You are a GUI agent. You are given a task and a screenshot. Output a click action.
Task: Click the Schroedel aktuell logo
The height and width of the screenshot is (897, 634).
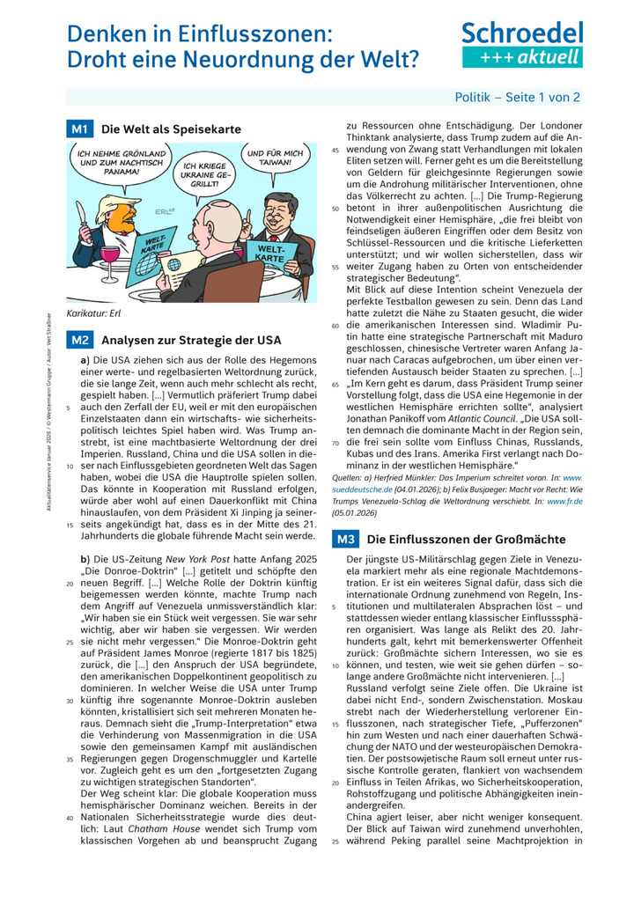(522, 45)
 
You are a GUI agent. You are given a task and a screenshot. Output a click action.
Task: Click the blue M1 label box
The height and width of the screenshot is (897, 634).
(79, 129)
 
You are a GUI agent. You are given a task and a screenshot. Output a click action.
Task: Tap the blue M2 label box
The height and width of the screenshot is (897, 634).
(79, 340)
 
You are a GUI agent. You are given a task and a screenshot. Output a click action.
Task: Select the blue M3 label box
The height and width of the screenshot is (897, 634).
(344, 538)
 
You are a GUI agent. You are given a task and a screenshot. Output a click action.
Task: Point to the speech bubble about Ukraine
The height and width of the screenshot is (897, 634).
(206, 173)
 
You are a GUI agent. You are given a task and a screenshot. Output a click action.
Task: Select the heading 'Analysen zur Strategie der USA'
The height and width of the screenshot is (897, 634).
(191, 340)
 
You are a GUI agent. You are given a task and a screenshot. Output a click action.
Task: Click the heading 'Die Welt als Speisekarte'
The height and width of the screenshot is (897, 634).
(171, 129)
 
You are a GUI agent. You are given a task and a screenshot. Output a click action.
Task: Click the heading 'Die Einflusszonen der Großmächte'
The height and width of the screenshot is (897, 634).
(467, 538)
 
